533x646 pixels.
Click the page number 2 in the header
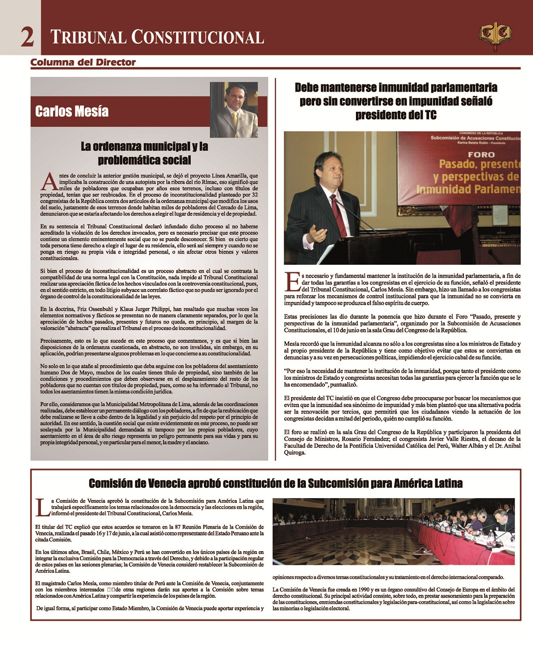tap(27, 37)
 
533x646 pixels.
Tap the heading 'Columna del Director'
tap(83, 62)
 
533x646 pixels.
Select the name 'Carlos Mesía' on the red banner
tap(72, 111)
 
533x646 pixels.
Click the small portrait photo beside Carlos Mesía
tap(234, 110)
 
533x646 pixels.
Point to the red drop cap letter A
tap(49, 182)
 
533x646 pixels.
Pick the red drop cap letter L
tap(42, 507)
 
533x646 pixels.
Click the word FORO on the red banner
tap(481, 154)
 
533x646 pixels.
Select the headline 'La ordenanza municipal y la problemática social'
tap(144, 153)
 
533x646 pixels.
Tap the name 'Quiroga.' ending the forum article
tap(295, 453)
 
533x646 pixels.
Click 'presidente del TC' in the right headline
tap(396, 115)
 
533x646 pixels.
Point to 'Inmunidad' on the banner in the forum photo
tap(444, 189)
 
